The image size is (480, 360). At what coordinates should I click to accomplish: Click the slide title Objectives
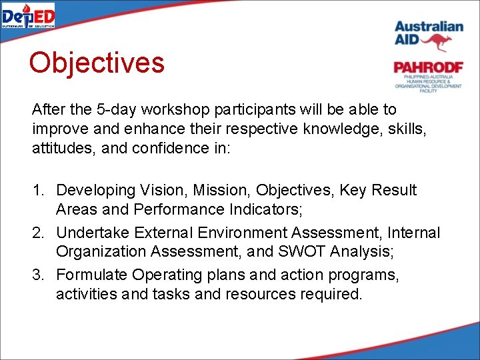[96, 63]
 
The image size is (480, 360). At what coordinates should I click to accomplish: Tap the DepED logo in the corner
[28, 15]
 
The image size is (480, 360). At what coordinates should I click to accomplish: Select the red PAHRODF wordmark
[427, 67]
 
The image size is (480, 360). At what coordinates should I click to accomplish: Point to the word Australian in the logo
[428, 26]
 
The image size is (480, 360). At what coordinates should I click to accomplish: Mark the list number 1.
[38, 191]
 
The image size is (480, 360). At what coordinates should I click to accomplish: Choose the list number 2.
[38, 233]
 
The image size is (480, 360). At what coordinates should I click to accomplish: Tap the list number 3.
[38, 275]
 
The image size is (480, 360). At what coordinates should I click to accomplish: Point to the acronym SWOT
[303, 252]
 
